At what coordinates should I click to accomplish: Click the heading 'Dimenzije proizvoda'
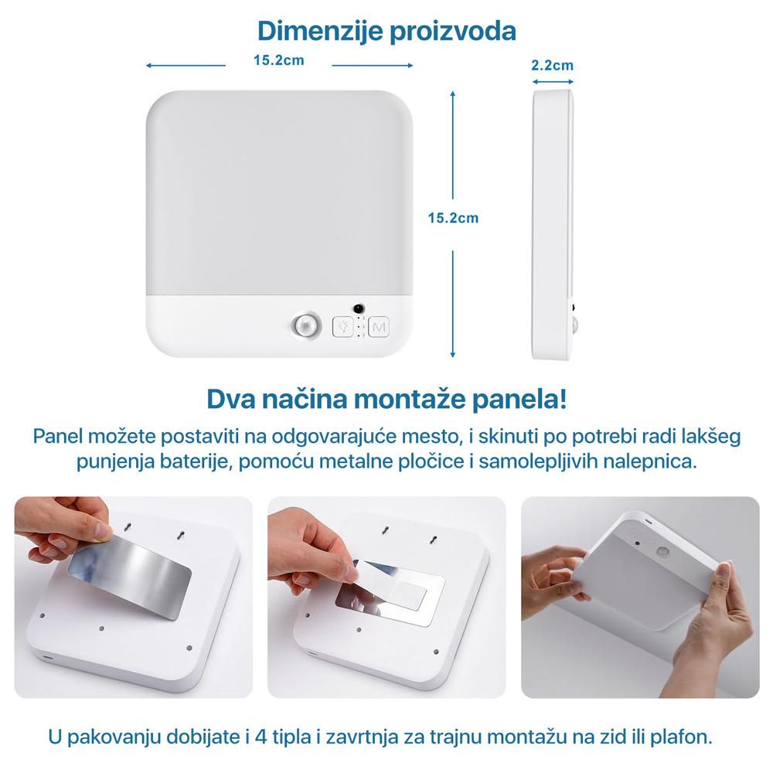click(x=386, y=31)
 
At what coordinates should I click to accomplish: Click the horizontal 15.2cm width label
click(x=278, y=60)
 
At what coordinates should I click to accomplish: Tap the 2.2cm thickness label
click(x=552, y=65)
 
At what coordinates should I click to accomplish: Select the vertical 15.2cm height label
click(x=453, y=218)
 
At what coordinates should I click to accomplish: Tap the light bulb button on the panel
click(x=342, y=327)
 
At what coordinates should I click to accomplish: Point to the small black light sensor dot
click(x=359, y=308)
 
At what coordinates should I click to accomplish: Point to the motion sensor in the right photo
click(x=663, y=553)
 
